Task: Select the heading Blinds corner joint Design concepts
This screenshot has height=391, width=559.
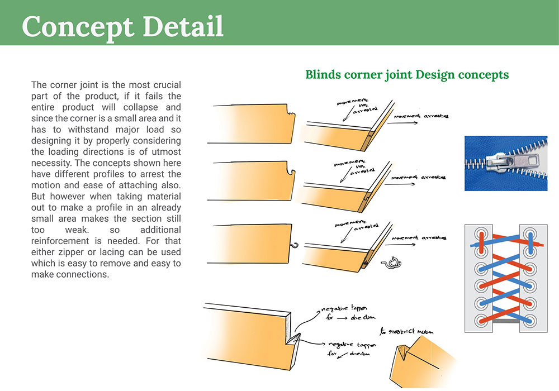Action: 406,74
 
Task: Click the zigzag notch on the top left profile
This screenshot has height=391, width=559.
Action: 290,115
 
